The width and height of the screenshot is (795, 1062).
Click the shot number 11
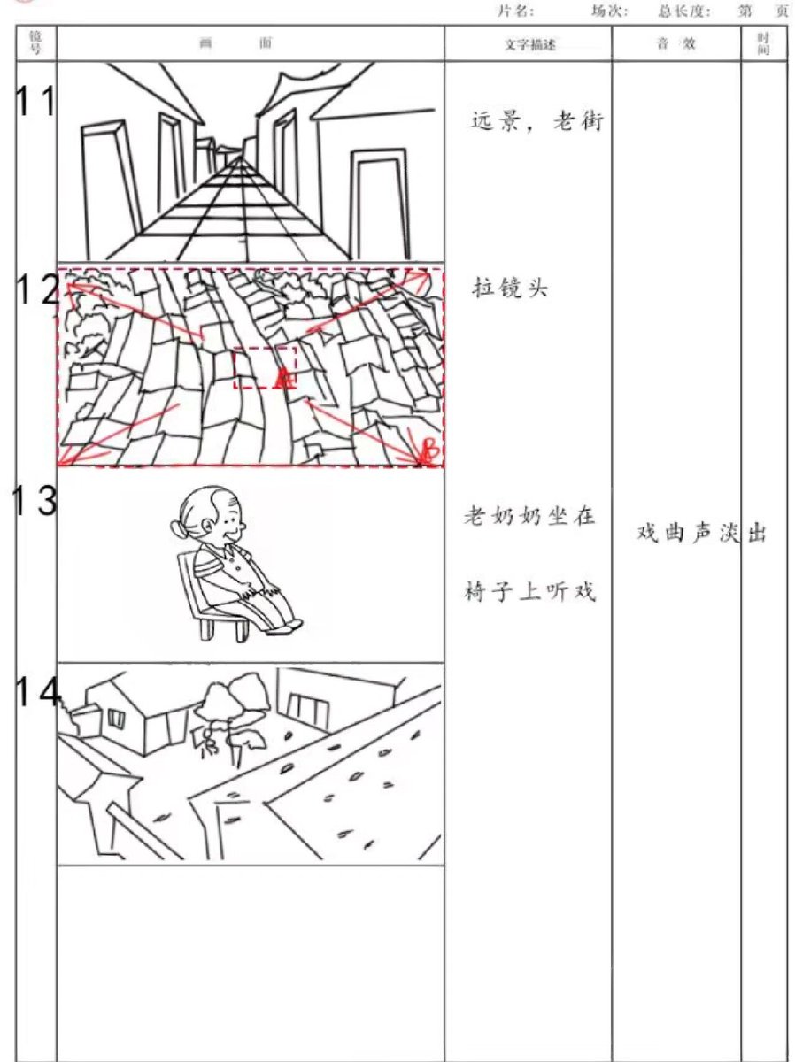click(35, 101)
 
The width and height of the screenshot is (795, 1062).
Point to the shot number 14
click(37, 691)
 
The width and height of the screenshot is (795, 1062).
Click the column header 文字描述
click(529, 45)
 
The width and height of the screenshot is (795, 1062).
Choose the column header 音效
click(676, 43)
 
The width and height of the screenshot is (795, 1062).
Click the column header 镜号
click(35, 42)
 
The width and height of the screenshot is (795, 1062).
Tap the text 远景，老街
click(537, 120)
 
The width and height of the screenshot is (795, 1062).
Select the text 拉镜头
click(510, 289)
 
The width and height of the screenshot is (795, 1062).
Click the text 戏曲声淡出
click(702, 533)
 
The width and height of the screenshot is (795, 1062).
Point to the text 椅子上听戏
click(529, 591)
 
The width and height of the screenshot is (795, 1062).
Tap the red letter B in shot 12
click(430, 448)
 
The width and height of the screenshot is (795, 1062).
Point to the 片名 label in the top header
click(516, 11)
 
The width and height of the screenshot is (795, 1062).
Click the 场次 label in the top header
click(609, 11)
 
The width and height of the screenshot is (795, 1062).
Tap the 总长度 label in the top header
click(684, 11)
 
